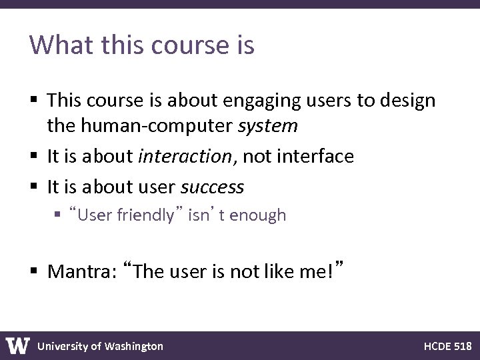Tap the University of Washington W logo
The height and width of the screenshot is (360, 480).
(18, 346)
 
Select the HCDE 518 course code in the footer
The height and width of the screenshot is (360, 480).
(447, 346)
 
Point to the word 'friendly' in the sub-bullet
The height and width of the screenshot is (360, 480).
(144, 215)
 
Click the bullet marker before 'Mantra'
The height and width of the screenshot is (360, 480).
(35, 272)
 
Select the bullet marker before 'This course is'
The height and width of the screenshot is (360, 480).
(35, 101)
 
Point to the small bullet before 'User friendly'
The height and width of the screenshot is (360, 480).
(59, 215)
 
